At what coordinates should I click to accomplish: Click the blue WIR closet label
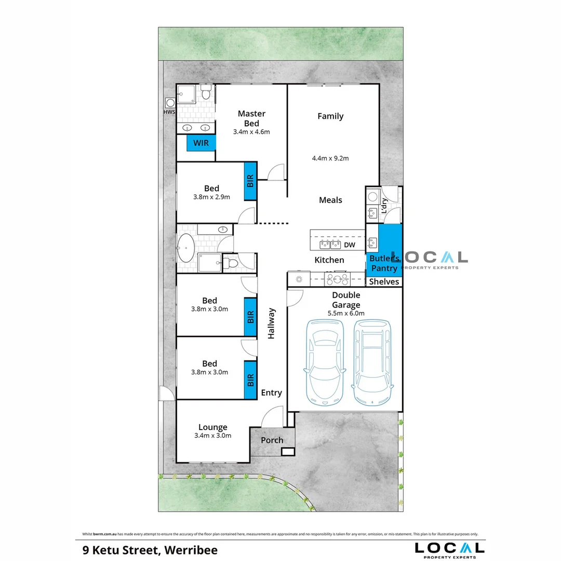click(201, 143)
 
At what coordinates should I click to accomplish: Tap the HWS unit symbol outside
click(170, 103)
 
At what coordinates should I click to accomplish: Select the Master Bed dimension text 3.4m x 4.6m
click(251, 131)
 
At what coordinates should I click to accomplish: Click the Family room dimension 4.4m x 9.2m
click(330, 158)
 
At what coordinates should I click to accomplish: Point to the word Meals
click(330, 200)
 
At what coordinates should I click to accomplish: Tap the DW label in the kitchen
click(350, 245)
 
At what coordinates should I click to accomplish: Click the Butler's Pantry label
click(384, 263)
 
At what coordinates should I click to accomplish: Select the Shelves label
click(384, 282)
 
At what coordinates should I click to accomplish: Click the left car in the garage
click(325, 362)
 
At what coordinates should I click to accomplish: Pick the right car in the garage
click(372, 362)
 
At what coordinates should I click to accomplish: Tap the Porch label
click(272, 440)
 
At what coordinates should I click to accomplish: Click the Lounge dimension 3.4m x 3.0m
click(213, 435)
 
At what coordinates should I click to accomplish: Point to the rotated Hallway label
click(271, 324)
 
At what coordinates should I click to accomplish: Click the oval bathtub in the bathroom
click(186, 248)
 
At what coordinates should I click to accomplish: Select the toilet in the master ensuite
click(206, 92)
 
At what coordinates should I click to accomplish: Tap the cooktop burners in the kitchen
click(337, 279)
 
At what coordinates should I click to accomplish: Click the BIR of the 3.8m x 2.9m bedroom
click(250, 181)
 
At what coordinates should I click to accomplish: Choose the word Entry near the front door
click(272, 393)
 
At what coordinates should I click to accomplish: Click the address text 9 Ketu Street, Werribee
click(150, 550)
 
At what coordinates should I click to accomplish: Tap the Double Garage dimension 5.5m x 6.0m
click(346, 313)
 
